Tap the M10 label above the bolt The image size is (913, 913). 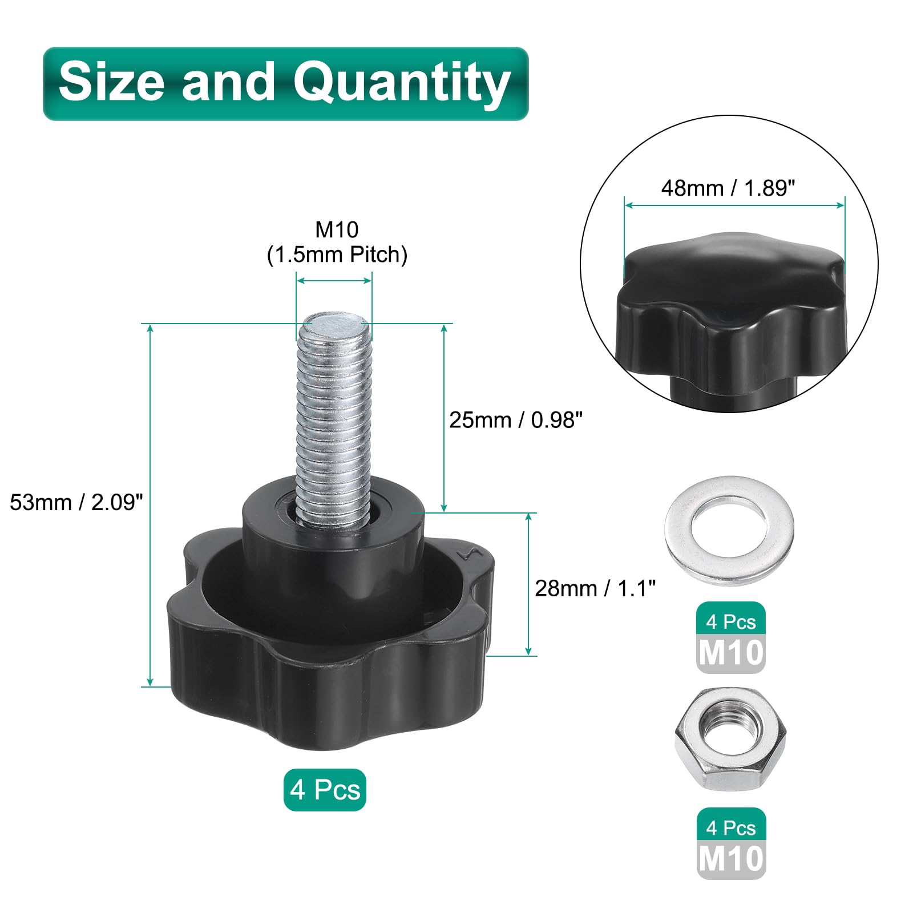coord(337,230)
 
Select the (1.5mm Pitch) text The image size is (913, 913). coord(337,255)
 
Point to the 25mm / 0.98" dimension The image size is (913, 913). coord(515,420)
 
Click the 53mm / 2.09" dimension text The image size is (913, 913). coord(76,503)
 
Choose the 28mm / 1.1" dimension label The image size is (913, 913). coord(595,588)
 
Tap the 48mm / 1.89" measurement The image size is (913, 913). coord(728,188)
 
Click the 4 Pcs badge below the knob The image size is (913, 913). coord(325,790)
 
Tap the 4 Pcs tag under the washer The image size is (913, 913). coord(730,622)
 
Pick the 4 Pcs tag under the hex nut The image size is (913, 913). coord(730,828)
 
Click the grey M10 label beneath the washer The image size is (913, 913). coord(730,653)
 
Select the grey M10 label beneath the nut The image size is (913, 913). coord(730,859)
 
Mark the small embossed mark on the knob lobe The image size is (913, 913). coord(470,555)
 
